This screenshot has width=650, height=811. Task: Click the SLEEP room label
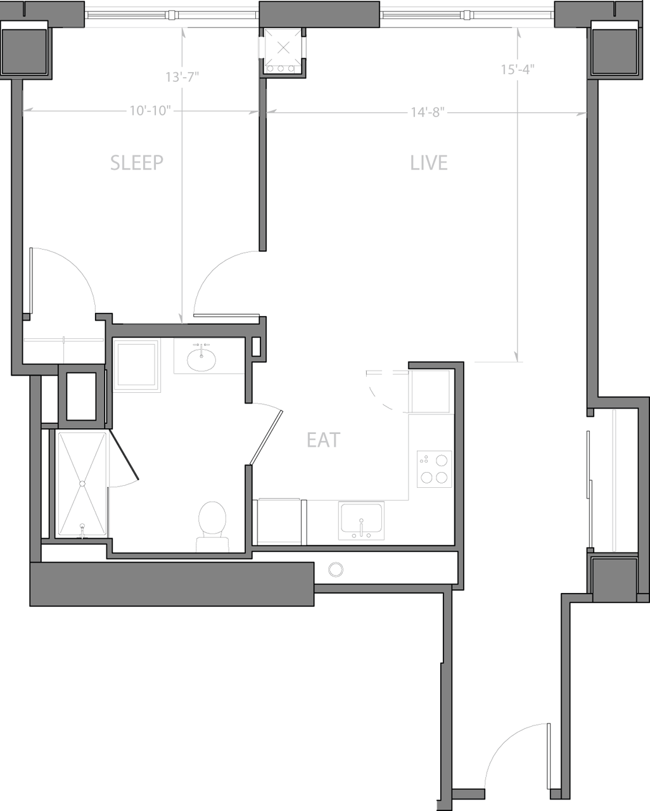pos(137,163)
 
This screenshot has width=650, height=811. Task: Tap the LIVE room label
pos(429,163)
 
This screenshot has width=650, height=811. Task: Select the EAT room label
pos(324,440)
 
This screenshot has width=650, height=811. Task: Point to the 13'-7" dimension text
pos(182,77)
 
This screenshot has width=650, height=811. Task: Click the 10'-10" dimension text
pos(151,111)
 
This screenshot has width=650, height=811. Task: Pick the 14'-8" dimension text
pos(428,112)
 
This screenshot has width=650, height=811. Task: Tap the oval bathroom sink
pos(201,360)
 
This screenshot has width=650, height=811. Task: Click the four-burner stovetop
pos(435,469)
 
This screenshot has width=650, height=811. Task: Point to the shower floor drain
pos(82,483)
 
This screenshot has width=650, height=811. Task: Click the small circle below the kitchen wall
pos(336,569)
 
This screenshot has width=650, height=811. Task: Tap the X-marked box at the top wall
pos(283,47)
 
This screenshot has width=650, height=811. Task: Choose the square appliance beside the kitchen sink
pos(279,521)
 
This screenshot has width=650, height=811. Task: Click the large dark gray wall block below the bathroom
pos(172,584)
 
